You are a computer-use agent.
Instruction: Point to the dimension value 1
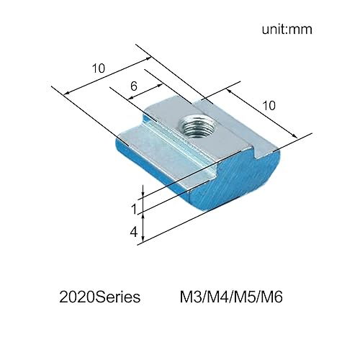click(133, 209)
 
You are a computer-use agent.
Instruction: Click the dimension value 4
click(133, 232)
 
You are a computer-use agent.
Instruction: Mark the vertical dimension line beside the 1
click(144, 204)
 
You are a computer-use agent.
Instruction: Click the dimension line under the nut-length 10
click(261, 115)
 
